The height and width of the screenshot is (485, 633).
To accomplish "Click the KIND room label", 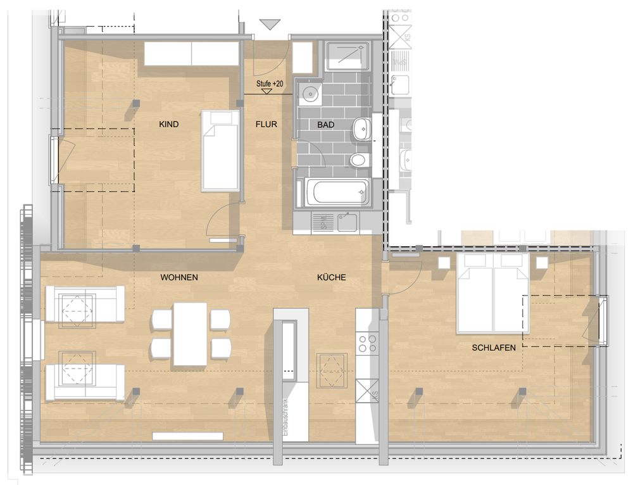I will pos(169,125).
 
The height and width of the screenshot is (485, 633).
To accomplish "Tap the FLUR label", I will pos(266,125).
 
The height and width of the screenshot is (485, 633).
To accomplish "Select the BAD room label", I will pos(325,125).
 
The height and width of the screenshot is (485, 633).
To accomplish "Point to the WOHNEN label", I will pos(179,278).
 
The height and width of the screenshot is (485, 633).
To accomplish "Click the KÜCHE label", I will pos(331,278).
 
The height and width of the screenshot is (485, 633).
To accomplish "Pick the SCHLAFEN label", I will pos(493,348).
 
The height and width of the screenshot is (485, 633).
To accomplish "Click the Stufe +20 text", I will pos(269,84).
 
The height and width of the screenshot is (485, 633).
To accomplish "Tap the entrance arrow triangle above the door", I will pos(270,25).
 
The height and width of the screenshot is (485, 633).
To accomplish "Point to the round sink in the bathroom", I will pos(310,95).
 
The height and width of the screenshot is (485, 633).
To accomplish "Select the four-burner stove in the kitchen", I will pos(367,344).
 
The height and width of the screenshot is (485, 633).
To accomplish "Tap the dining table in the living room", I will pos(190,334).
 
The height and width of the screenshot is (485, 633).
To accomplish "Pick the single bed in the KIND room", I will pos(220,151).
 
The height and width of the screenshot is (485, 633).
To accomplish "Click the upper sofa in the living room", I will pos(84,306).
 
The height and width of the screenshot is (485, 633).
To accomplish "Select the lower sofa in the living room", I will pos(84,382).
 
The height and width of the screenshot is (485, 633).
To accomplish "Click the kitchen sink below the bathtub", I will pos(346,222).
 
